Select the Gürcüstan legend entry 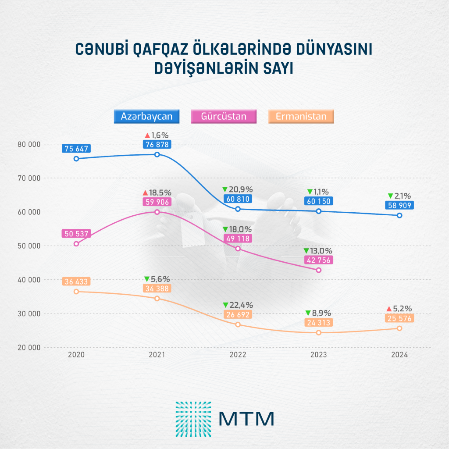(x=224, y=116)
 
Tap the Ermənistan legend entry (x=301, y=116)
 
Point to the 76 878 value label (x=157, y=144)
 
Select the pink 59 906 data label (x=157, y=202)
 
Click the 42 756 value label (x=318, y=260)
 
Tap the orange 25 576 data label (x=399, y=318)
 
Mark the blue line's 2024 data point (x=399, y=215)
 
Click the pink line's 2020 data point (x=76, y=244)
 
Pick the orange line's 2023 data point (x=319, y=332)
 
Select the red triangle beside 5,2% (x=389, y=309)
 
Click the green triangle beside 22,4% (x=225, y=305)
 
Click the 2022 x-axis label (x=238, y=355)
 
